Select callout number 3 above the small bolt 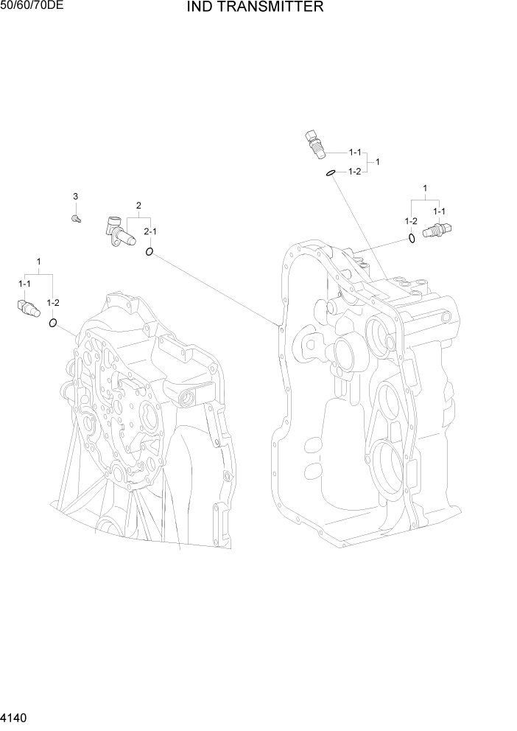pos(75,196)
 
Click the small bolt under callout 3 pos(75,218)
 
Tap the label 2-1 pos(150,231)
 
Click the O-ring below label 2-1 pos(150,252)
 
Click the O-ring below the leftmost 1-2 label pos(53,323)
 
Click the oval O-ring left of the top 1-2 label pos(331,172)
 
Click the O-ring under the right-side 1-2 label pos(411,238)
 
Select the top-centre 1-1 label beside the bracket pos(354,153)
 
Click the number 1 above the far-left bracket pos(38,262)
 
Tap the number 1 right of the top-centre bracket pos(378,161)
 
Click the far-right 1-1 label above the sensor pos(439,211)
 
